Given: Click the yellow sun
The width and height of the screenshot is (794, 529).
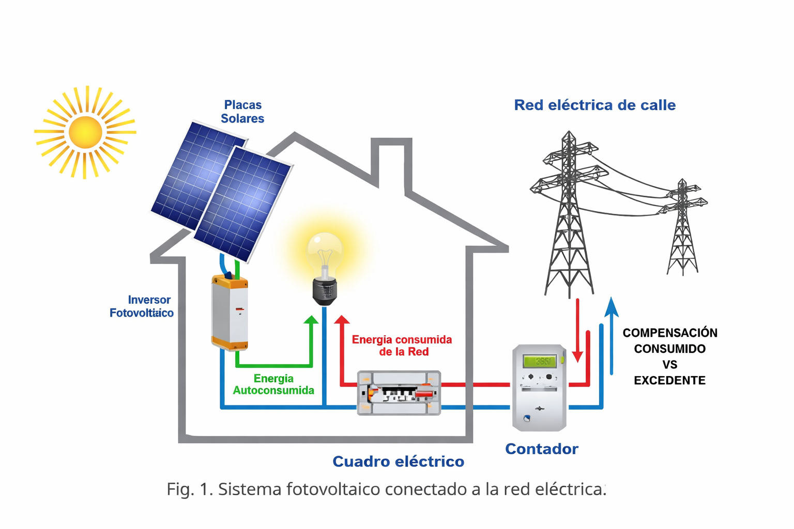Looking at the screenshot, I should [x=85, y=132].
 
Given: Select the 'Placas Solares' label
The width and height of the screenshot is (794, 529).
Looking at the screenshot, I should [x=242, y=112].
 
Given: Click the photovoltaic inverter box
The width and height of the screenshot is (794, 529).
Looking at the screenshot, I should [x=230, y=313].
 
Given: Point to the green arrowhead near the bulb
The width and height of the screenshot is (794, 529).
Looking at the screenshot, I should [x=311, y=320].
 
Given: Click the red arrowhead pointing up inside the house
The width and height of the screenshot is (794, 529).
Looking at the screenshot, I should [x=342, y=320].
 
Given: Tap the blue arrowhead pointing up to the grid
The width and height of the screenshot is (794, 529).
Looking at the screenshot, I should [x=612, y=307].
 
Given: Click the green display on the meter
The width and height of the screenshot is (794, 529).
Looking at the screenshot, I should [x=540, y=361].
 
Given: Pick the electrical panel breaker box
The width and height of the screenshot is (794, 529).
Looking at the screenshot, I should [x=399, y=393].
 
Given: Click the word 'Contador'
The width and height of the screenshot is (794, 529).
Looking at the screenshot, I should [x=541, y=449].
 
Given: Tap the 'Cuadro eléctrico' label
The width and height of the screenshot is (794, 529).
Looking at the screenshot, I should [x=398, y=461].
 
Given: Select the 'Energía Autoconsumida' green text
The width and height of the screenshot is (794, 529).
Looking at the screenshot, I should [x=273, y=385].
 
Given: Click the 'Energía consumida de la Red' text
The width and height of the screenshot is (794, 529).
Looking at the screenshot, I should [x=402, y=346].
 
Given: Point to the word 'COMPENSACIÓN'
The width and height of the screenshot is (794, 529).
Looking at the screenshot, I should [x=669, y=333].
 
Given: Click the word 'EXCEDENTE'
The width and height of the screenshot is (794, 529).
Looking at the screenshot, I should [x=669, y=381].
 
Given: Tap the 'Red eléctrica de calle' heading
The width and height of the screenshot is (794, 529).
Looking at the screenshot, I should [x=594, y=105].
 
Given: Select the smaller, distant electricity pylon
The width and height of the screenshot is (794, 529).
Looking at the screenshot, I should [x=683, y=227].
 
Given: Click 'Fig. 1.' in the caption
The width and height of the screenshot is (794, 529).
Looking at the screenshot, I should [x=190, y=489].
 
